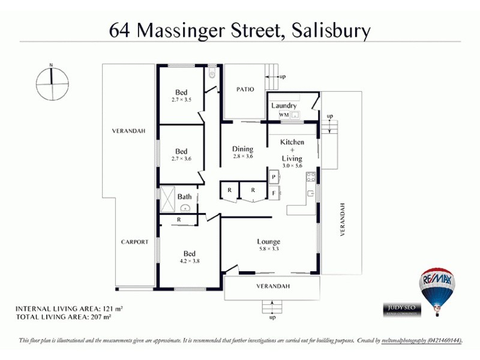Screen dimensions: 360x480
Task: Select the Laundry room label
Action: (x=284, y=106)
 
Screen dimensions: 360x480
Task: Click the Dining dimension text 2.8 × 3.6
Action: (x=243, y=157)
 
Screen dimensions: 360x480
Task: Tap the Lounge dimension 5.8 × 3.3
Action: (x=269, y=249)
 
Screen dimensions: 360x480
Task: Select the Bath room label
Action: (x=184, y=196)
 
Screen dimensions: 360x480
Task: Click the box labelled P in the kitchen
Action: (x=273, y=177)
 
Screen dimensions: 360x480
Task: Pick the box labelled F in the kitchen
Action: (x=273, y=193)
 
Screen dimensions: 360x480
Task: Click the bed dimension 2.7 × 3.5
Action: (x=181, y=99)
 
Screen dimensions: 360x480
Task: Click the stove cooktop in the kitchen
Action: (x=311, y=177)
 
